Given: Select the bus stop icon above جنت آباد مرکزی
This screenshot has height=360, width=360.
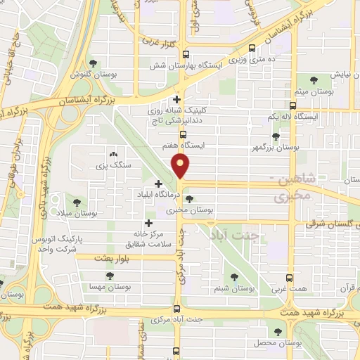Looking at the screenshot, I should (179, 307).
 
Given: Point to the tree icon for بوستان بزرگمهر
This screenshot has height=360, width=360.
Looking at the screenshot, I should (276, 138).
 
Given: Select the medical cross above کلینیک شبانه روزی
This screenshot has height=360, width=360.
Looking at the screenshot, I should (177, 100).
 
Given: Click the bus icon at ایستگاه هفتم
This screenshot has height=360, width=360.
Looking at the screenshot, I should (184, 133).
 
